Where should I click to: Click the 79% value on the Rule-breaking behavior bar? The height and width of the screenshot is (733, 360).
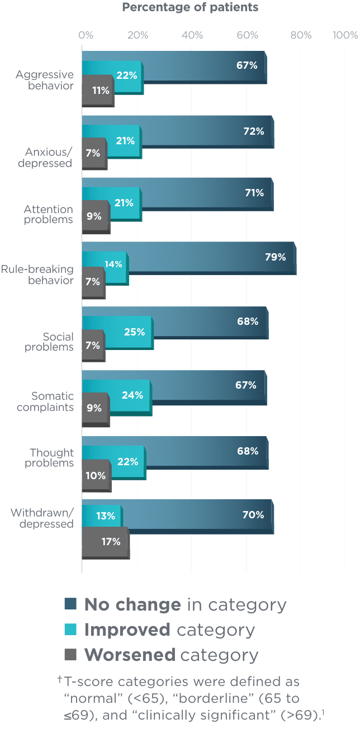275,257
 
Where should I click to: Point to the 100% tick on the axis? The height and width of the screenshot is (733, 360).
345,35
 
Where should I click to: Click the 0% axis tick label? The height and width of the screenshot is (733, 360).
86,35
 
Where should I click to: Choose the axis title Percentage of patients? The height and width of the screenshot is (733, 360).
190,7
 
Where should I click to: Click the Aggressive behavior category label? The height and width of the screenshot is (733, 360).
45,80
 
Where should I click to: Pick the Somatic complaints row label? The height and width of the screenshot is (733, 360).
45,401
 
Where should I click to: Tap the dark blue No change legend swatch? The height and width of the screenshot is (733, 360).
70,604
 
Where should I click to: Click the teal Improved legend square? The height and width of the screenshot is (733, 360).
70,630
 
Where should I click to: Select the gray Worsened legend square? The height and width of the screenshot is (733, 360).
70,655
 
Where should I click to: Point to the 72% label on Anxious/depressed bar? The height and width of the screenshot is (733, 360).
253,131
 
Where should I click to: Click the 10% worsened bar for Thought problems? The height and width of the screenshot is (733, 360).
96,476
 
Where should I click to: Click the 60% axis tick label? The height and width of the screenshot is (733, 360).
247,35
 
